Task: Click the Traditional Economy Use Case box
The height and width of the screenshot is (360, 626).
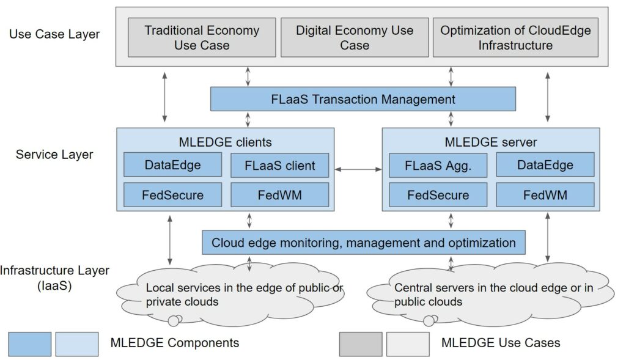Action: coord(202,37)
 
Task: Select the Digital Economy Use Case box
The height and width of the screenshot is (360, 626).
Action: coord(355,37)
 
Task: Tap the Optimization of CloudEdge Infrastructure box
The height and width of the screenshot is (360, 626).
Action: coord(515,37)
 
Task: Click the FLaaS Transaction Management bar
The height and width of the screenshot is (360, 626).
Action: coord(363,99)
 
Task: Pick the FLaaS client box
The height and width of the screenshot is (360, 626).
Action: coord(280,165)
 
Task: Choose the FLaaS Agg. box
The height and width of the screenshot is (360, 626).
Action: coord(438,165)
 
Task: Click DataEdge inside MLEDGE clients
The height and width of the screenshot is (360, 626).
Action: coord(172,165)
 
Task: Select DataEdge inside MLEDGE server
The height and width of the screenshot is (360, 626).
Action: coord(545,165)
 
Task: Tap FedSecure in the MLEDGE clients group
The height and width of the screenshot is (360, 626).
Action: coord(172,195)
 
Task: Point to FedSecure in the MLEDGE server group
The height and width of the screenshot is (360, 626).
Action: coord(438,195)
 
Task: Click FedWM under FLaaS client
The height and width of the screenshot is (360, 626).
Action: coord(280,195)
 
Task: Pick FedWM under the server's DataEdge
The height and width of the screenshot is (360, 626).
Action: coord(545,195)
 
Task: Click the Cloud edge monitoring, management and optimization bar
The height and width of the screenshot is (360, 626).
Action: coord(364,243)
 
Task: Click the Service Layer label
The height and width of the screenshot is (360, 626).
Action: coord(54,154)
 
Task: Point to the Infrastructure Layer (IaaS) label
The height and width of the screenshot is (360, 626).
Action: coord(55,277)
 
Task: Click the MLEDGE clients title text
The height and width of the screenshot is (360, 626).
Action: coord(226,142)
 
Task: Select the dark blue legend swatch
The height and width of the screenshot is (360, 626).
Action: coord(30,343)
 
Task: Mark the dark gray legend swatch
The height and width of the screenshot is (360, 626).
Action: coord(361,343)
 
